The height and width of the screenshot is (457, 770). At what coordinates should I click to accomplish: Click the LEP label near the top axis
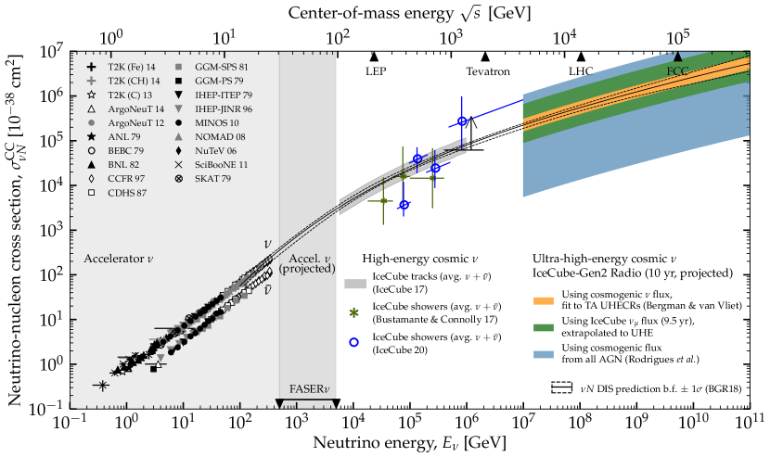(x=376, y=70)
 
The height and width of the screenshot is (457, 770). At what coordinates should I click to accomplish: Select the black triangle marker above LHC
(x=581, y=57)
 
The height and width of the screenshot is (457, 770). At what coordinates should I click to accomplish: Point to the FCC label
(x=677, y=70)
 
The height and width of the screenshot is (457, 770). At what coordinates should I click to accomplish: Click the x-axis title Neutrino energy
(x=409, y=443)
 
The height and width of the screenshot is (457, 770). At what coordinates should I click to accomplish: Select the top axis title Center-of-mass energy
(x=408, y=12)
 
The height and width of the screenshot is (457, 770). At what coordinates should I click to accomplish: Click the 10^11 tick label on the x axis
(x=748, y=423)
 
